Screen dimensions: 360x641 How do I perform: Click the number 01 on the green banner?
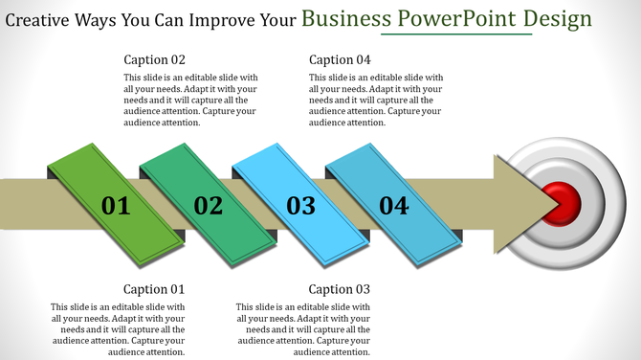coord(115,205)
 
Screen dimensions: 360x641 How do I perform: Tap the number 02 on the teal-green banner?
coord(208,205)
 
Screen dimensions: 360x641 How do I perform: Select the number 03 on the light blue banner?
coord(300,205)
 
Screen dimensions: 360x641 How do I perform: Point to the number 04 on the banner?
coord(393,204)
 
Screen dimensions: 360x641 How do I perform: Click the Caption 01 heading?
coord(154,289)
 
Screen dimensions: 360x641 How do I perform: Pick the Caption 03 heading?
coord(340,289)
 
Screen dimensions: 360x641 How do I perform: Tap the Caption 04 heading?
coord(340,59)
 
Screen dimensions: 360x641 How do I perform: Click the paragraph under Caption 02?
coord(191,100)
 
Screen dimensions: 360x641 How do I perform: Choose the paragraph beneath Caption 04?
coord(376,100)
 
